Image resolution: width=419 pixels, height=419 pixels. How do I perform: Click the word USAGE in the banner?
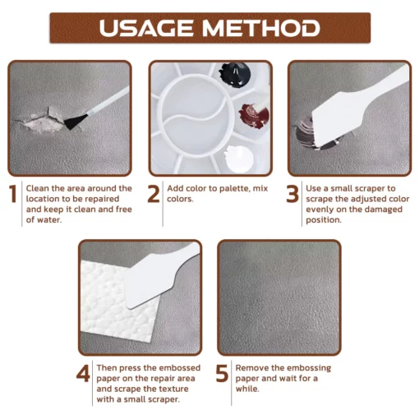tap(146, 28)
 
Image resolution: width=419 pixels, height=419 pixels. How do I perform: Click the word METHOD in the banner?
tap(261, 28)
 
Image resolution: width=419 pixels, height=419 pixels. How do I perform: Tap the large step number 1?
tap(12, 194)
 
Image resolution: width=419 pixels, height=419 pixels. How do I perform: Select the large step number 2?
tap(154, 194)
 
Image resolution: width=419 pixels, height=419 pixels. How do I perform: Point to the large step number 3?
tap(292, 194)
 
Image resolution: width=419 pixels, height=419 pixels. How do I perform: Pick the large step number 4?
tap(83, 373)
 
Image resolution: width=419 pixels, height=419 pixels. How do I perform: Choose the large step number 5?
tap(222, 373)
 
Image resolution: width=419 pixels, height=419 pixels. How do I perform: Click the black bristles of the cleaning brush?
tap(75, 122)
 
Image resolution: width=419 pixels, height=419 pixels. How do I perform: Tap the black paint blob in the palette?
tap(235, 75)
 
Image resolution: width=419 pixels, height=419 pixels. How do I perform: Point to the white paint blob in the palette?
tap(239, 159)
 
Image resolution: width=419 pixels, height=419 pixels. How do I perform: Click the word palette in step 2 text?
tap(234, 189)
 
